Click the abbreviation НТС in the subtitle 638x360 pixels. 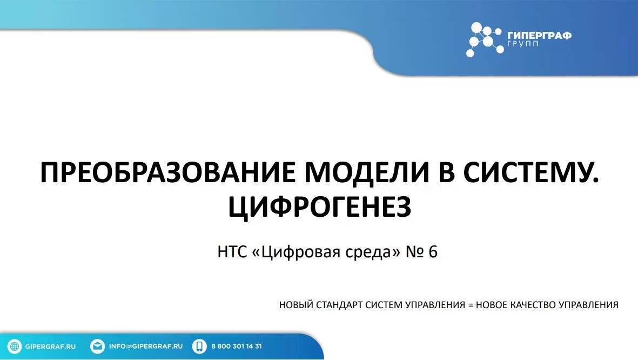click(232, 252)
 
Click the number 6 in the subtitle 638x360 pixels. click(433, 252)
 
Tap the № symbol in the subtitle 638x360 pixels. click(414, 252)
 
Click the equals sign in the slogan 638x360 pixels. click(471, 305)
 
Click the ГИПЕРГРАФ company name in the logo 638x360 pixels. click(540, 36)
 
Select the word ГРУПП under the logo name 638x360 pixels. click(523, 44)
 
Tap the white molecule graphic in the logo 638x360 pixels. click(484, 39)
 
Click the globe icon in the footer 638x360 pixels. click(15, 346)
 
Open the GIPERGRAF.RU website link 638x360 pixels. click(50, 346)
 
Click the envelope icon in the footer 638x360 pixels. click(97, 346)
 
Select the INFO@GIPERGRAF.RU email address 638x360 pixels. click(146, 346)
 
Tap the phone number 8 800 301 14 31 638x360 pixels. click(237, 346)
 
